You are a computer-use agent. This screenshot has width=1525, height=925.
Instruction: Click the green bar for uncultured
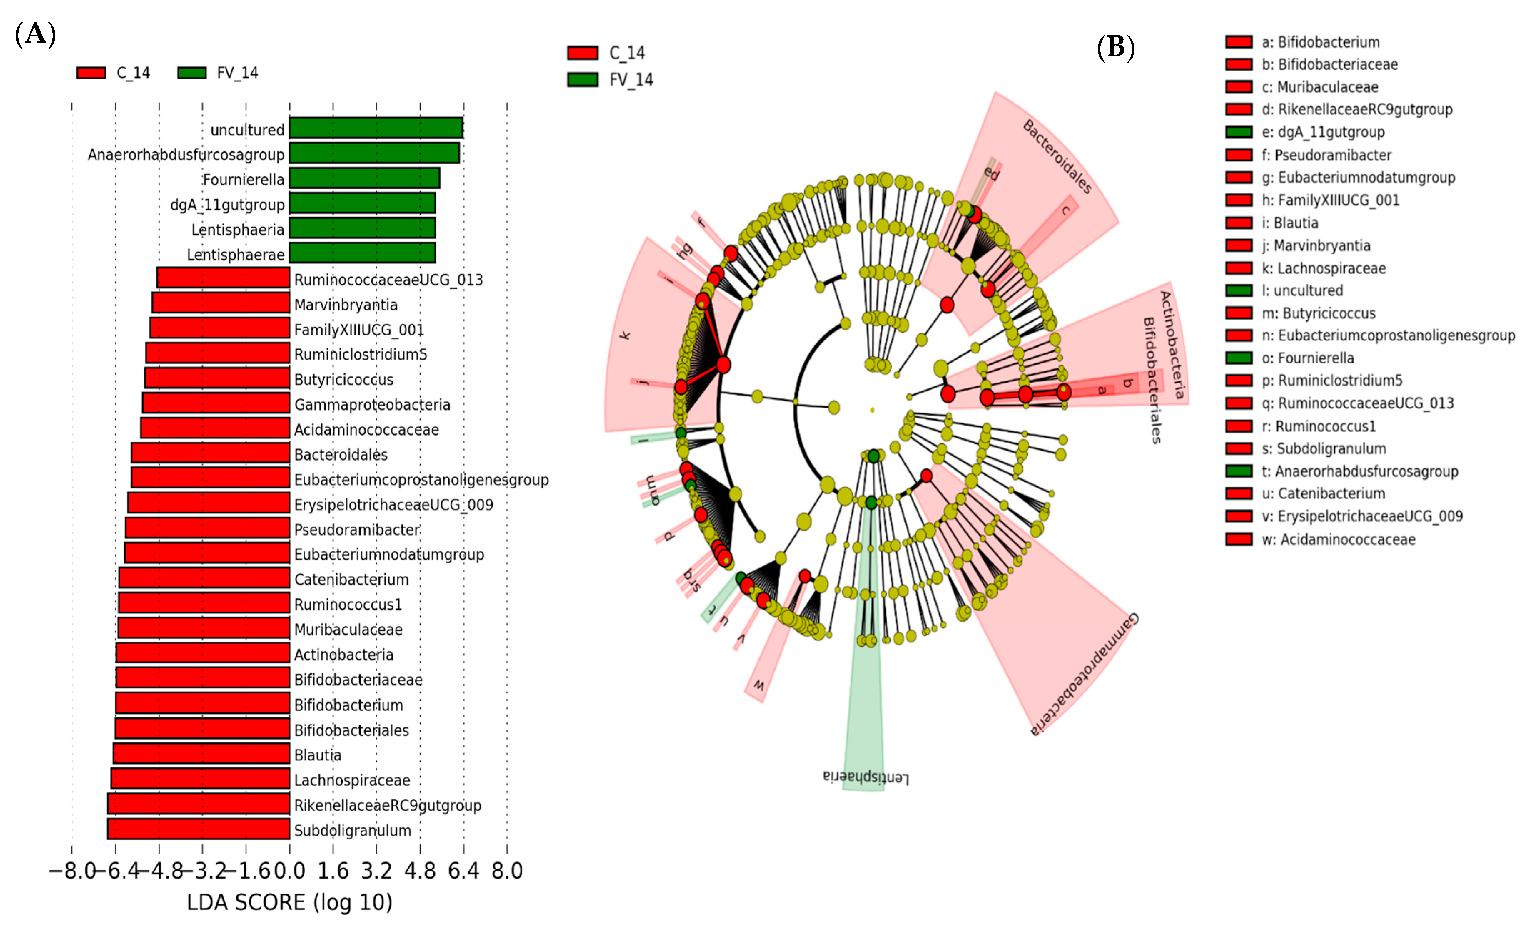pyautogui.click(x=376, y=128)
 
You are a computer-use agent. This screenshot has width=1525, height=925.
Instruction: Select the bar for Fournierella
pyautogui.click(x=365, y=178)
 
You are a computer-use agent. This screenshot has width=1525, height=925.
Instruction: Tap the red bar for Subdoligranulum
pyautogui.click(x=199, y=829)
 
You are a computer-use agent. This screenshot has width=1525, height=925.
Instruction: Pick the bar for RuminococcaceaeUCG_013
pyautogui.click(x=224, y=278)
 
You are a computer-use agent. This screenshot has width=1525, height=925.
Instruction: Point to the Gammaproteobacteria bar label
pyautogui.click(x=372, y=405)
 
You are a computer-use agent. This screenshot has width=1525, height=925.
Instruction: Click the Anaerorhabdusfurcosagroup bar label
pyautogui.click(x=186, y=155)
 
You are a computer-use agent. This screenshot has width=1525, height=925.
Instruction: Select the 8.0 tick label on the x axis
pyautogui.click(x=507, y=871)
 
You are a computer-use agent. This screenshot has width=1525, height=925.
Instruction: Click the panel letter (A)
pyautogui.click(x=35, y=34)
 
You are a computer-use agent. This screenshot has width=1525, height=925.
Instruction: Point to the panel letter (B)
pyautogui.click(x=1115, y=47)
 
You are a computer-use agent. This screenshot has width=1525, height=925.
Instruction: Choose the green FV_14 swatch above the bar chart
pyautogui.click(x=192, y=73)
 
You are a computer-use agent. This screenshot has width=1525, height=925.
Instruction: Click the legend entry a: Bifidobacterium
pyautogui.click(x=1320, y=42)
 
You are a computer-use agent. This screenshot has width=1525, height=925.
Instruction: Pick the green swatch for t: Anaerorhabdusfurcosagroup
pyautogui.click(x=1238, y=471)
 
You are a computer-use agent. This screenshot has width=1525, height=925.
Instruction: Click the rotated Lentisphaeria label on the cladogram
pyautogui.click(x=866, y=777)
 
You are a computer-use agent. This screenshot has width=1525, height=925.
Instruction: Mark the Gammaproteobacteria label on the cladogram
pyautogui.click(x=1084, y=675)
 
